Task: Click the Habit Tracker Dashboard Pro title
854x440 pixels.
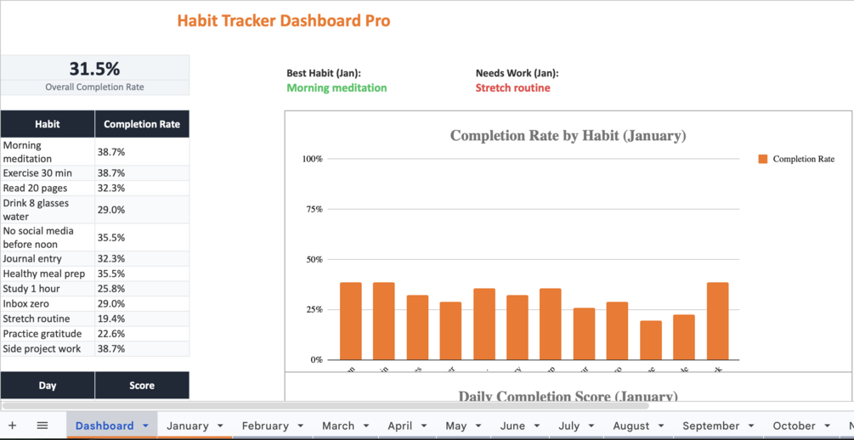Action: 283,21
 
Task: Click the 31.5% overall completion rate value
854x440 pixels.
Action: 94,69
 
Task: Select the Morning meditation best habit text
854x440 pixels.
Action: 337,87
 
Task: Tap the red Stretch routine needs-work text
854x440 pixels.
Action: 512,87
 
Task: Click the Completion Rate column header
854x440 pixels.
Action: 142,124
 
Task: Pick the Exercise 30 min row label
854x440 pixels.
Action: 37,173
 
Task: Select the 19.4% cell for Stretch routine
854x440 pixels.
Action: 111,319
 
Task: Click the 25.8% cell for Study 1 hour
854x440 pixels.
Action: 111,289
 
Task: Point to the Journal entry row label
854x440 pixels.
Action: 32,259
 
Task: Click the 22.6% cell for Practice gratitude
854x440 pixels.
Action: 111,334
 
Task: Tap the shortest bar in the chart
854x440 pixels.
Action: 651,341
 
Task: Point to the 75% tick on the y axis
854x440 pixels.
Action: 314,209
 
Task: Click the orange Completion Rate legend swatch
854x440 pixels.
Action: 763,159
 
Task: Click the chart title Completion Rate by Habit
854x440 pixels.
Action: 568,136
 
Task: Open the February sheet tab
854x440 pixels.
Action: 265,426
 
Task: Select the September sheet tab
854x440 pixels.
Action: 710,426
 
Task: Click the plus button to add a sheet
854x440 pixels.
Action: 13,426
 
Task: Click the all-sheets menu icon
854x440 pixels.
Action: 42,426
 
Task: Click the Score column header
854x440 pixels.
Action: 142,386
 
